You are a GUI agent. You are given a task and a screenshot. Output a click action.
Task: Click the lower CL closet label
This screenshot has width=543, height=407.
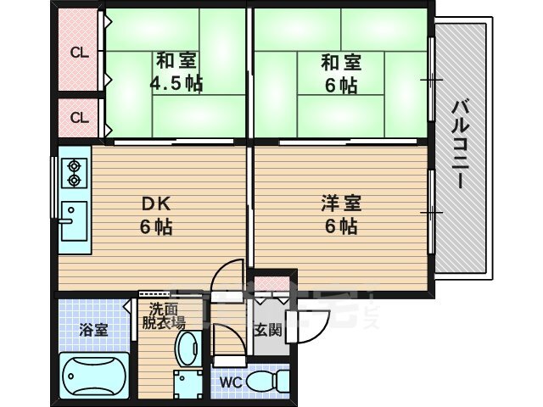79,118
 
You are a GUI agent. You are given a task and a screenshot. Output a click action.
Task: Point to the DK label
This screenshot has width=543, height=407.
157,203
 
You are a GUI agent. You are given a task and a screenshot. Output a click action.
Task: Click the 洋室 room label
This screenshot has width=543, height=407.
341,203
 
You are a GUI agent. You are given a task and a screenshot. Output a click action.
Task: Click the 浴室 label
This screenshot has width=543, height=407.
94,330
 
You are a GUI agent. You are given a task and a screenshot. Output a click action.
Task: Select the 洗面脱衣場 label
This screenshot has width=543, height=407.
163,315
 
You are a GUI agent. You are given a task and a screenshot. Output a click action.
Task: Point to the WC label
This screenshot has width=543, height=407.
231,382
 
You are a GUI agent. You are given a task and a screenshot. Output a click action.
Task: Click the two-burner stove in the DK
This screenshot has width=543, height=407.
74,172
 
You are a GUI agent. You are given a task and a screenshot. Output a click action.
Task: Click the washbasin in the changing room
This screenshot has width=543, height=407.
187,348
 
